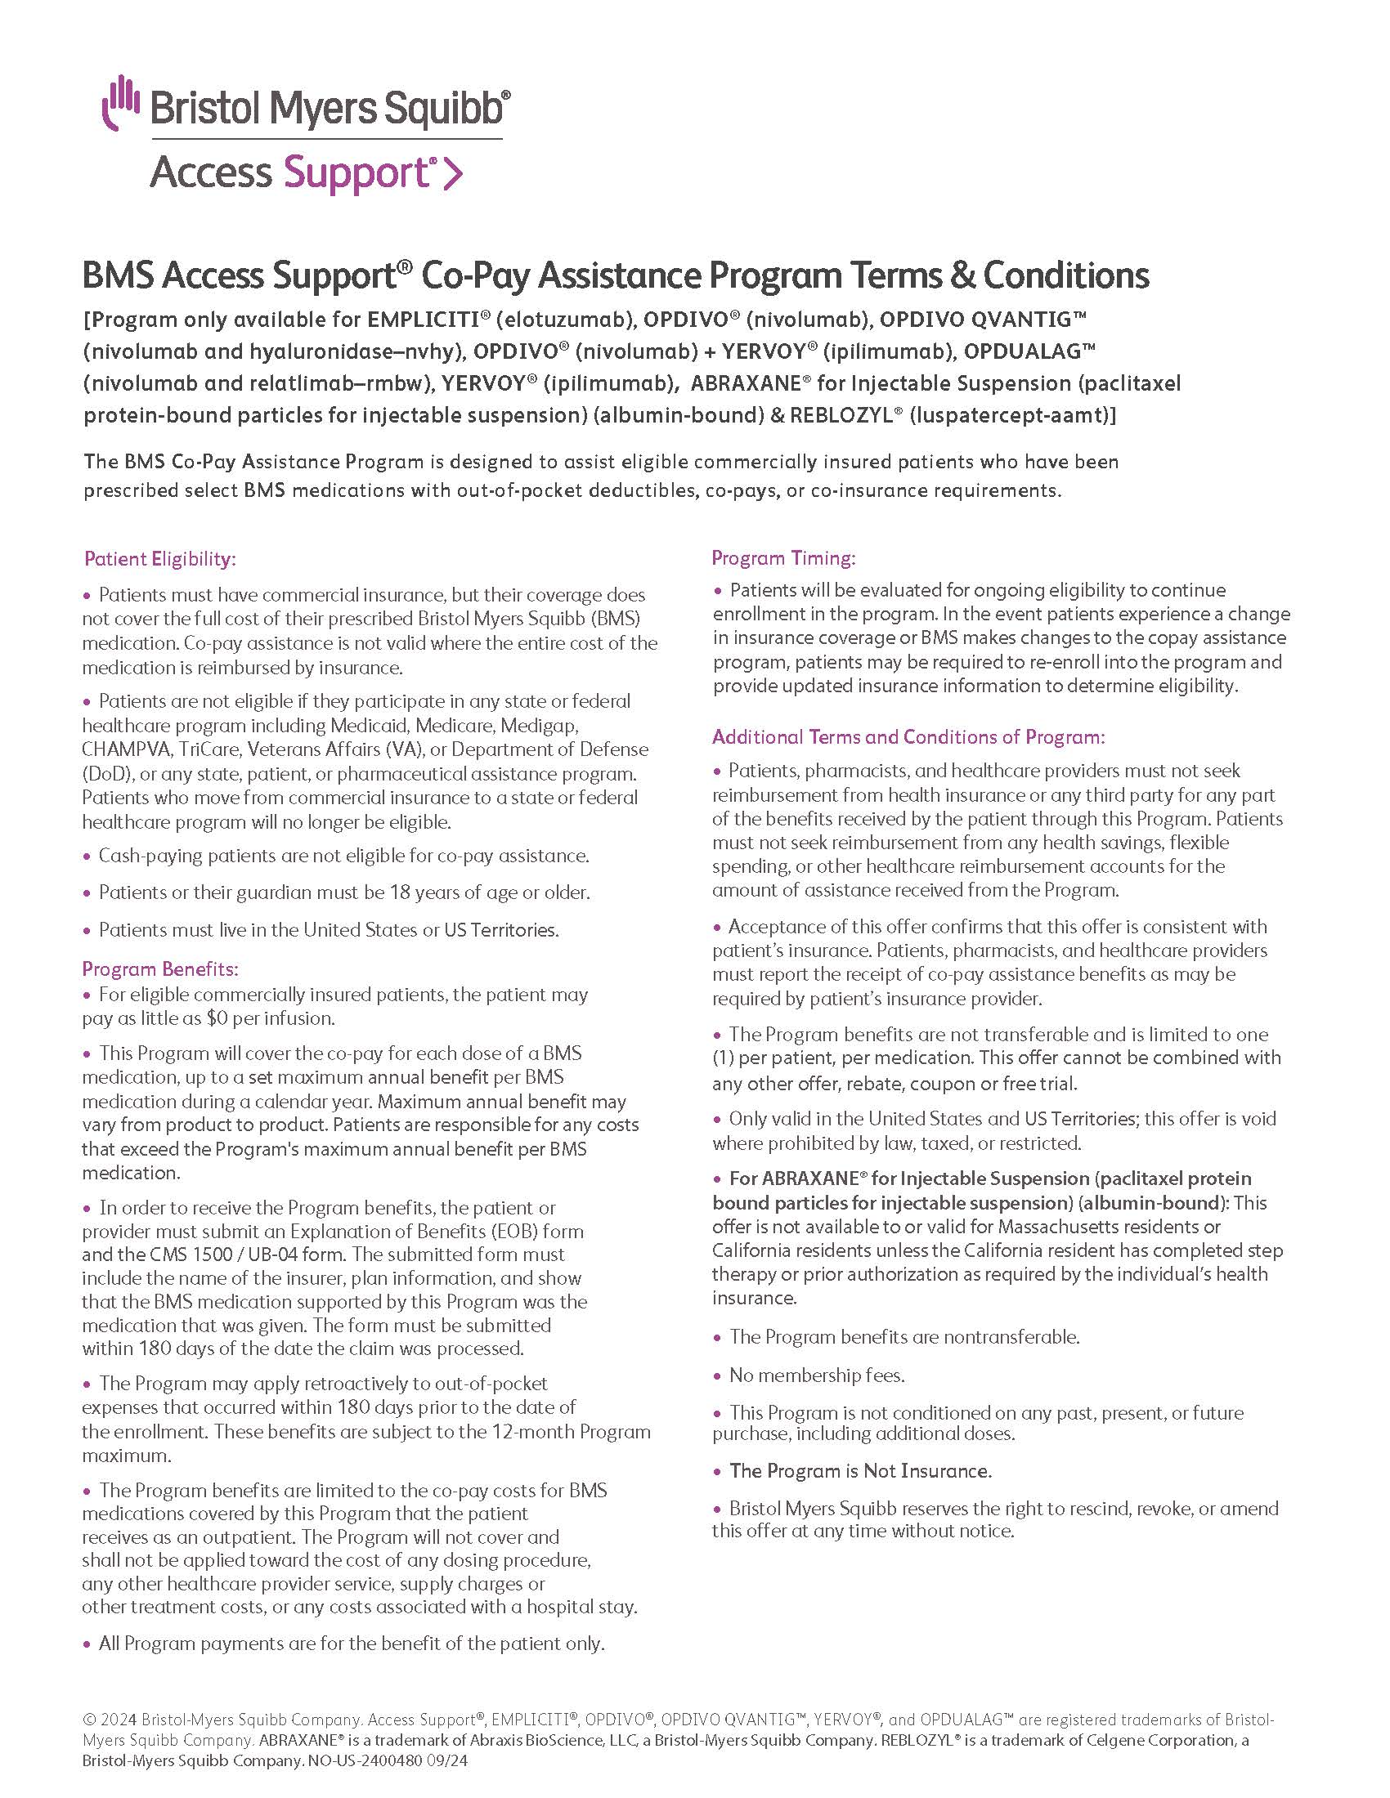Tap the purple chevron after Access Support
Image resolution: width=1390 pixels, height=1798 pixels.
(453, 174)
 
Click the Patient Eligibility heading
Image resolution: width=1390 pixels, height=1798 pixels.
(159, 559)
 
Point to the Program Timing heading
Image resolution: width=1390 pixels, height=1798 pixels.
(783, 558)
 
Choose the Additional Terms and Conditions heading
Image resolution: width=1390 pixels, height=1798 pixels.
(908, 737)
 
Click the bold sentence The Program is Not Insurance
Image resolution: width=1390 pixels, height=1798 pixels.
(859, 1471)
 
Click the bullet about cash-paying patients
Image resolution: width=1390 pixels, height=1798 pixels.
(343, 857)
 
